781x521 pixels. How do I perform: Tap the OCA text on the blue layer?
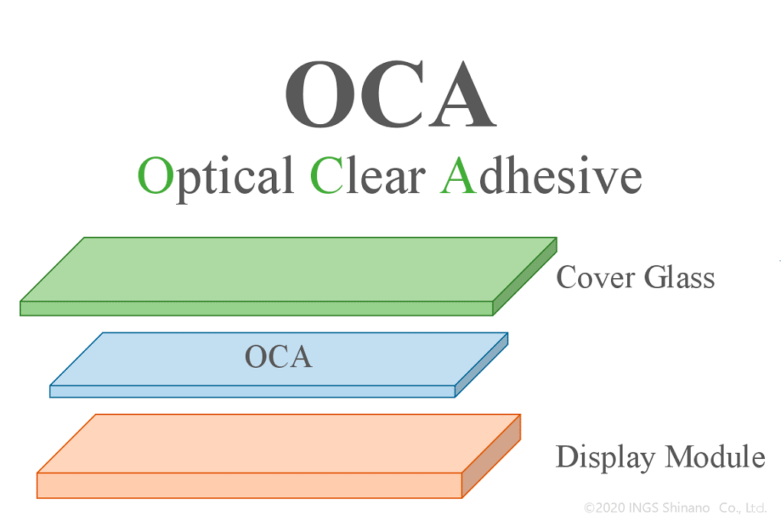pos(278,356)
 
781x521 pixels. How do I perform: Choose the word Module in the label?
pos(715,457)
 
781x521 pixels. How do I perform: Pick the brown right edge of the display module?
pos(492,457)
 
